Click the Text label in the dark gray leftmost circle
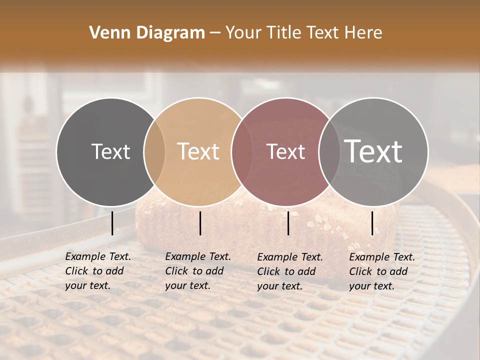[111, 151]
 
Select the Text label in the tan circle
[198, 151]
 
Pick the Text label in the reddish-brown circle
[286, 151]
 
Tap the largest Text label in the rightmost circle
[373, 151]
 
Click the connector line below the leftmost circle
[112, 223]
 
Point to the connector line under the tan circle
[200, 223]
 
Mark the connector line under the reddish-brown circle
[288, 223]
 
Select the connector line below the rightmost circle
[372, 223]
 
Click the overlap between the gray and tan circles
[154, 151]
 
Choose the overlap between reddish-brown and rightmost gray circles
[329, 151]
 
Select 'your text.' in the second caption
[187, 285]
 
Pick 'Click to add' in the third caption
[286, 271]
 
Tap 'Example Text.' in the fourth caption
[382, 257]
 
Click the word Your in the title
[243, 33]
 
